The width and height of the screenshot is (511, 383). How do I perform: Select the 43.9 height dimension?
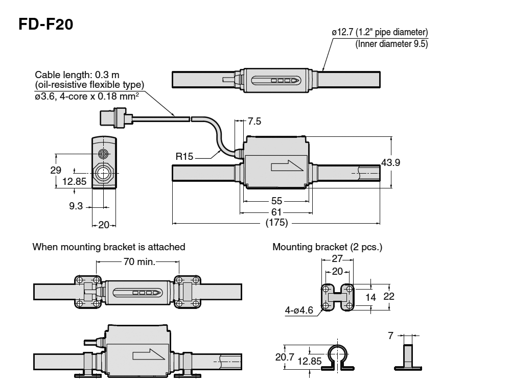click(x=390, y=162)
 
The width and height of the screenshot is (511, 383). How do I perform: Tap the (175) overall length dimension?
click(x=276, y=223)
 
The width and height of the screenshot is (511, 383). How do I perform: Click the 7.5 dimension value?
click(x=254, y=122)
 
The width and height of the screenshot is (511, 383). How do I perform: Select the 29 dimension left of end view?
click(x=56, y=170)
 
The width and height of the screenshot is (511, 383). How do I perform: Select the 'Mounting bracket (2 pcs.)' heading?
click(x=327, y=247)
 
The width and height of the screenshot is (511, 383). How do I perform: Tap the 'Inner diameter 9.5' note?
click(x=391, y=44)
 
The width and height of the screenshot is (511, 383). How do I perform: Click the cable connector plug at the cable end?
click(x=113, y=117)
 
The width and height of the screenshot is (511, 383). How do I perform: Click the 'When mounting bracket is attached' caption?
click(x=109, y=247)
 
